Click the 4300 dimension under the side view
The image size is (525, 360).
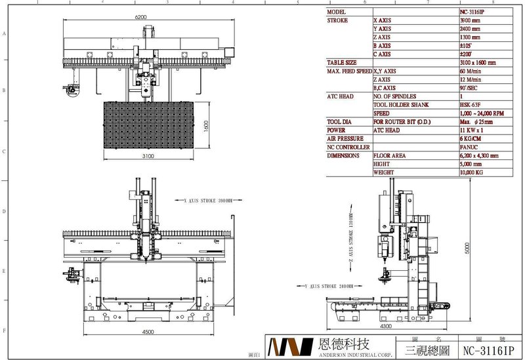coord(385,326)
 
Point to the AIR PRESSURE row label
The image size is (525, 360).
coord(345,139)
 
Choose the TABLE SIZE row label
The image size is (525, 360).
coord(342,62)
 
